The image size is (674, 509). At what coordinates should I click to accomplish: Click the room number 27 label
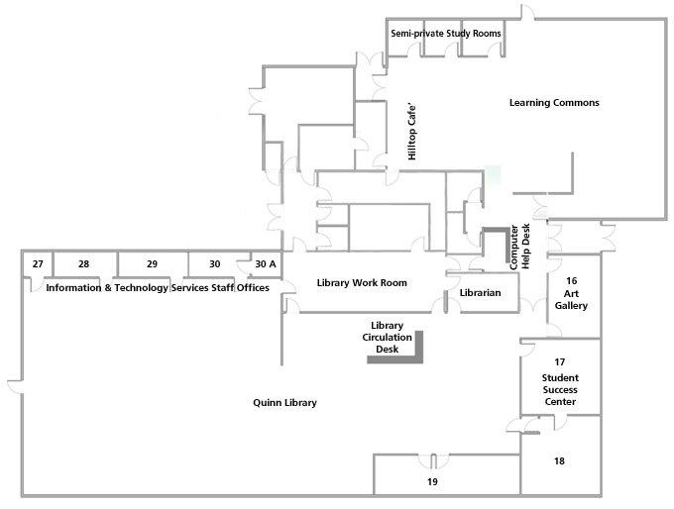coord(38,263)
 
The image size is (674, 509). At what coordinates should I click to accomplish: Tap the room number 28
coord(84,263)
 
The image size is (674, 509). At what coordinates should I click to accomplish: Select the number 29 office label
coord(153,263)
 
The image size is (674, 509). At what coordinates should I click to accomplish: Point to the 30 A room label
coord(266,263)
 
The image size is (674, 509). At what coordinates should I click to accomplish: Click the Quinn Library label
coord(285,403)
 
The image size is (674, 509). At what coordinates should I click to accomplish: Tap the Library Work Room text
coord(362,282)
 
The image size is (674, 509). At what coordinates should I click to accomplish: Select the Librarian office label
coord(480,292)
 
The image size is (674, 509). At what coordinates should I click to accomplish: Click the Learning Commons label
coord(554,103)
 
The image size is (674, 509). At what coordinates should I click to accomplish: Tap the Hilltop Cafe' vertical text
coord(411,132)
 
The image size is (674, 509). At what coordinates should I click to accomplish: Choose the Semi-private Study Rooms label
coord(446,33)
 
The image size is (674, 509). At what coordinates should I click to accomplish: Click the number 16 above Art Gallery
coord(571,281)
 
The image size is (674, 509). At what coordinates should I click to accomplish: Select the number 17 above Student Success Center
coord(560,362)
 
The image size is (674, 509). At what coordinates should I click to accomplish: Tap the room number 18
coord(559,460)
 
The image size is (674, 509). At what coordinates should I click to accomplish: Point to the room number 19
coord(432,482)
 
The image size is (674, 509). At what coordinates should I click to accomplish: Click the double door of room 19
coord(434,460)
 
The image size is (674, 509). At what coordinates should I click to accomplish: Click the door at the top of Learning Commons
coord(528,12)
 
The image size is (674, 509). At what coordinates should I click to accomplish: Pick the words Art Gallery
coord(571,299)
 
